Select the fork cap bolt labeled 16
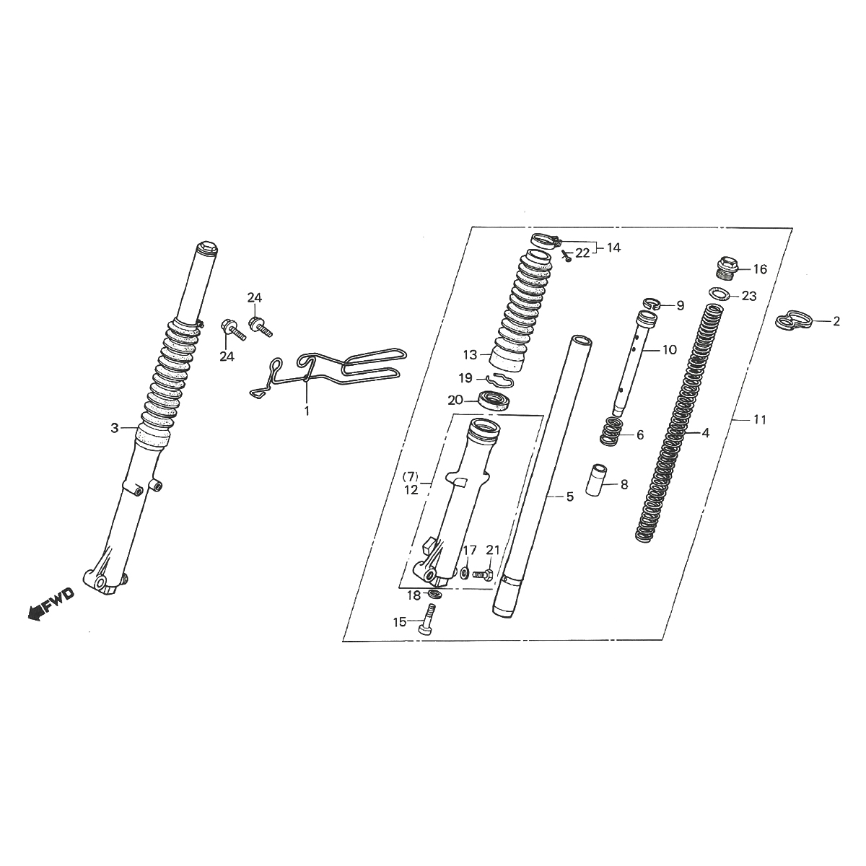727,268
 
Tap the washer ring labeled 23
717,294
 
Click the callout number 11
758,419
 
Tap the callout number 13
471,354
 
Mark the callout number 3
114,428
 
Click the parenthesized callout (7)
410,477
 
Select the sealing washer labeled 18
434,593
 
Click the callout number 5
569,497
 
